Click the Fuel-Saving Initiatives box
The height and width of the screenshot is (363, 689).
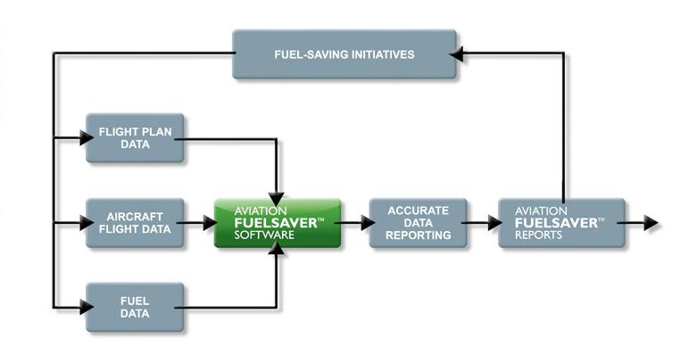click(x=344, y=54)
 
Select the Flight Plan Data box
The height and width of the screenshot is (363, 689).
click(x=135, y=138)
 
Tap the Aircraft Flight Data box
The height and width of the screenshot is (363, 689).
click(x=135, y=223)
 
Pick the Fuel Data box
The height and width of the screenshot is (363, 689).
click(x=135, y=307)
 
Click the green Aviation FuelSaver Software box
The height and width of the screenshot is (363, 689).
click(x=278, y=223)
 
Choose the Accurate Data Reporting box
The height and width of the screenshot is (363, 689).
click(x=418, y=223)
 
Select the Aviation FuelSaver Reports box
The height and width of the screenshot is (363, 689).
click(x=560, y=223)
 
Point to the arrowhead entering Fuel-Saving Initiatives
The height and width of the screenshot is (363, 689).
click(x=456, y=54)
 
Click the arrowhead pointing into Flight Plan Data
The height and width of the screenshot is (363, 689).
click(x=87, y=138)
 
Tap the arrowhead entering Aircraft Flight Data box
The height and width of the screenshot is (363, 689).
click(x=87, y=223)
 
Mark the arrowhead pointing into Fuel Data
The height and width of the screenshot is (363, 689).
click(x=87, y=307)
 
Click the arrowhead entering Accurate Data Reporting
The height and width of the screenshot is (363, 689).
click(x=368, y=223)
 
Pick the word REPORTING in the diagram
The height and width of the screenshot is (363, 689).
click(x=418, y=235)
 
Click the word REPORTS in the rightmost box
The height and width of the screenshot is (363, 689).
click(x=539, y=235)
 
